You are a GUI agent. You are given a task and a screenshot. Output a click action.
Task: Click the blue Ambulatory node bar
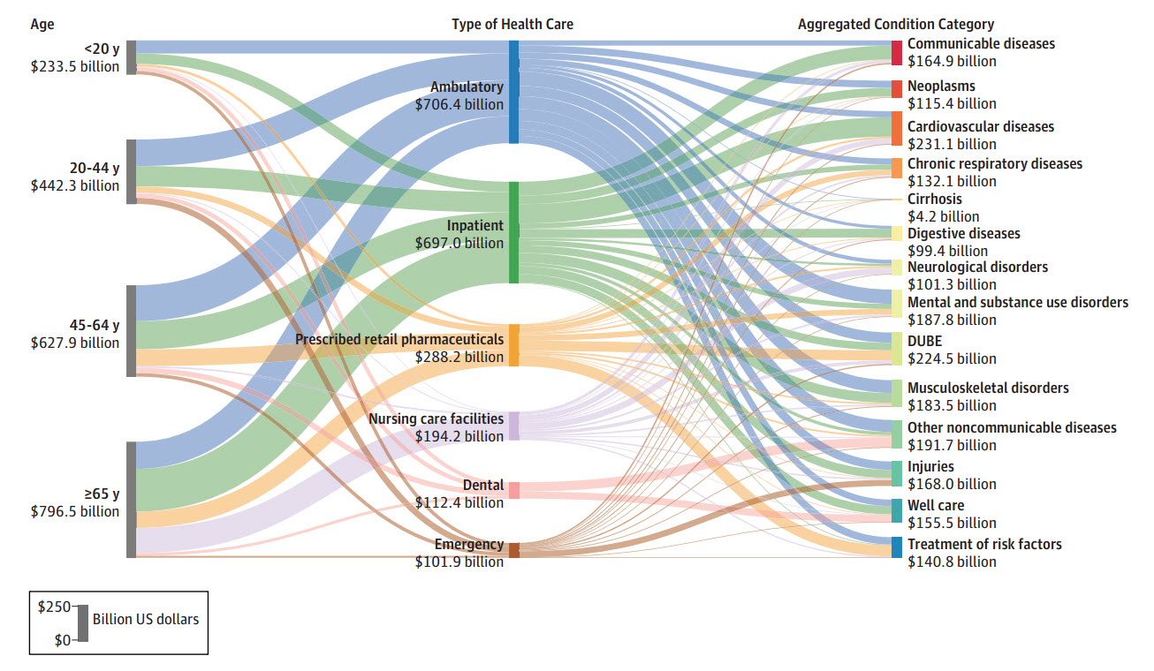pos(513,92)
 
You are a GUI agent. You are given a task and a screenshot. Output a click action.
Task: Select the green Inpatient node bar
pos(513,232)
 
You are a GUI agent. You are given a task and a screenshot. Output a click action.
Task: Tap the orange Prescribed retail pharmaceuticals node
pos(513,345)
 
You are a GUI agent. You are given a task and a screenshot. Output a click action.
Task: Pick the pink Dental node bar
pos(513,490)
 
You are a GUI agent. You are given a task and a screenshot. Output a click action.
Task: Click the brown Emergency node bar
pos(513,550)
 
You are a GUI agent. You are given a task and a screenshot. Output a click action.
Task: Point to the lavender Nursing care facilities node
pos(513,426)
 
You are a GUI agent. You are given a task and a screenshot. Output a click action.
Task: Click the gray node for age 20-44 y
pos(132,171)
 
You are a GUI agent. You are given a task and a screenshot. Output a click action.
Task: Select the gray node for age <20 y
pos(132,57)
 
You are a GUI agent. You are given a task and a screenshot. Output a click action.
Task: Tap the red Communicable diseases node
pos(897,53)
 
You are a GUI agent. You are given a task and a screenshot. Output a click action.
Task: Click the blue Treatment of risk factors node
pos(897,547)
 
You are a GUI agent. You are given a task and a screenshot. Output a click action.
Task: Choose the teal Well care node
pos(897,510)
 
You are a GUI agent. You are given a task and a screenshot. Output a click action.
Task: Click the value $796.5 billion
pos(75,511)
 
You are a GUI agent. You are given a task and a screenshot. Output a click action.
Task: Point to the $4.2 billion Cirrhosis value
pos(944,216)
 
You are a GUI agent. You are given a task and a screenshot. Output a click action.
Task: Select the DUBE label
pos(925,341)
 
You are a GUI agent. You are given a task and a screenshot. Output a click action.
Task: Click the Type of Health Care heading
pos(512,24)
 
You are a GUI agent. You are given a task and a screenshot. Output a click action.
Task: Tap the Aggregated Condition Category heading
pos(896,24)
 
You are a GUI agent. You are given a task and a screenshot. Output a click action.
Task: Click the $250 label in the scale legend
pos(54,607)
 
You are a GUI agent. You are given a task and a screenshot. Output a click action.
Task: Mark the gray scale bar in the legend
pos(83,623)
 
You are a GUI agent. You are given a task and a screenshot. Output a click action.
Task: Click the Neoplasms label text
pos(941,86)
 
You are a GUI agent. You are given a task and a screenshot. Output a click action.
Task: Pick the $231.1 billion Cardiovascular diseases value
pos(952,144)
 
